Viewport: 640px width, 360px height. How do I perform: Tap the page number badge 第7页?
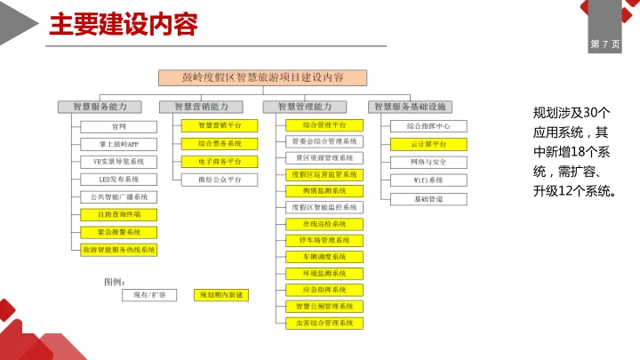[605, 44]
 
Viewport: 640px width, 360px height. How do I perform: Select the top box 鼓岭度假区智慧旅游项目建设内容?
[262, 76]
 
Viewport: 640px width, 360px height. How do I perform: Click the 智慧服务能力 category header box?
[106, 107]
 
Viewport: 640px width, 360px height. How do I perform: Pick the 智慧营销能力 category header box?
[206, 107]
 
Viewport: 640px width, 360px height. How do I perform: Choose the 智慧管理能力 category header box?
[311, 107]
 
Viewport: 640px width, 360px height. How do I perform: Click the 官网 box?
[118, 126]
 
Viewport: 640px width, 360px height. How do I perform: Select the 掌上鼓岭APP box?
[118, 143]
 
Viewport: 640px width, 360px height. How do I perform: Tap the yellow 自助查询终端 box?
[118, 214]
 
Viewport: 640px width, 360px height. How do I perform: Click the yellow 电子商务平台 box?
[220, 162]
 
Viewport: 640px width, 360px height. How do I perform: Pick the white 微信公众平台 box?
[220, 180]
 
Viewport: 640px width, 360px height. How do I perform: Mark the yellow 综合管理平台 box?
[324, 125]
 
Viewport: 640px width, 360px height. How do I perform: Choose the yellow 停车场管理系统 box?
[324, 240]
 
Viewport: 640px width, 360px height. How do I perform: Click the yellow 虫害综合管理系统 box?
[324, 323]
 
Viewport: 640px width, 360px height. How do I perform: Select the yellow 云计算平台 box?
[428, 143]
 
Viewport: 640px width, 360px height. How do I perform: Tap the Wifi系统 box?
[428, 180]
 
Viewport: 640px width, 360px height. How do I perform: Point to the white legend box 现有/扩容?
[149, 294]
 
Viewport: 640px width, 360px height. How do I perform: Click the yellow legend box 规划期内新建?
[220, 294]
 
